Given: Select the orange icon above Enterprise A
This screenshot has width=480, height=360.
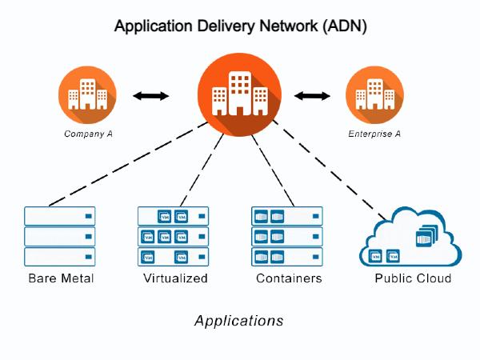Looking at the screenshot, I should [374, 95].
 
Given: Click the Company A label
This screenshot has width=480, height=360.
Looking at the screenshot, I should [88, 134].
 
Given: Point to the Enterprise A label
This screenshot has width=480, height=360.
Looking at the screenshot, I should [374, 134].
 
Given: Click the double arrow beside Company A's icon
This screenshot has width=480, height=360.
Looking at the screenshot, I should [150, 96].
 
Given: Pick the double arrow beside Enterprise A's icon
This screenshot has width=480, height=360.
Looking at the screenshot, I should [312, 96].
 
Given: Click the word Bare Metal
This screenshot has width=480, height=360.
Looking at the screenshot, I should [61, 279].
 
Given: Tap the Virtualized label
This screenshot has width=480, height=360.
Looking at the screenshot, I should [175, 279].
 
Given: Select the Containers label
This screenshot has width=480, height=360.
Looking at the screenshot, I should [289, 279].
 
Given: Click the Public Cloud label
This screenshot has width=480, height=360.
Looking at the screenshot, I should [413, 279].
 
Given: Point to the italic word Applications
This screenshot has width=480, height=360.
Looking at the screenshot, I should [238, 322].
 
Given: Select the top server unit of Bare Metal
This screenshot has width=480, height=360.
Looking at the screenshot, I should [60, 216].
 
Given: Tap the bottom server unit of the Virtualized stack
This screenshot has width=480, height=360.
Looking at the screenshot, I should [174, 257].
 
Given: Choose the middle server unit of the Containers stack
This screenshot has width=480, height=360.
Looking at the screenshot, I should [287, 237].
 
